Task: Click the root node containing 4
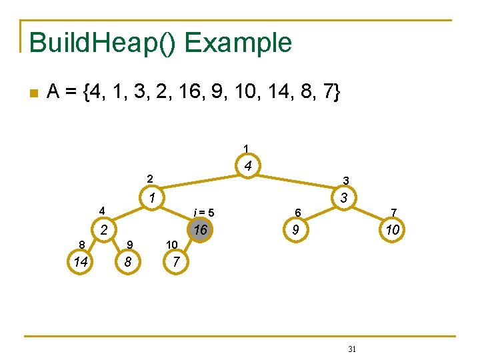tap(247, 166)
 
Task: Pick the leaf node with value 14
tap(81, 262)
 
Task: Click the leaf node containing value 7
tap(175, 262)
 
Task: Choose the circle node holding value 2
tap(104, 231)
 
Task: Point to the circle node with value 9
tap(294, 231)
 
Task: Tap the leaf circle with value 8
tap(127, 262)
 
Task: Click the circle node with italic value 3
tap(343, 197)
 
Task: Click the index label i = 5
tap(203, 213)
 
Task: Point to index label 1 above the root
tap(246, 148)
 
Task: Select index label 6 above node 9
tap(299, 213)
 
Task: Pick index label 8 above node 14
tap(81, 244)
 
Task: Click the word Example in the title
tap(238, 43)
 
